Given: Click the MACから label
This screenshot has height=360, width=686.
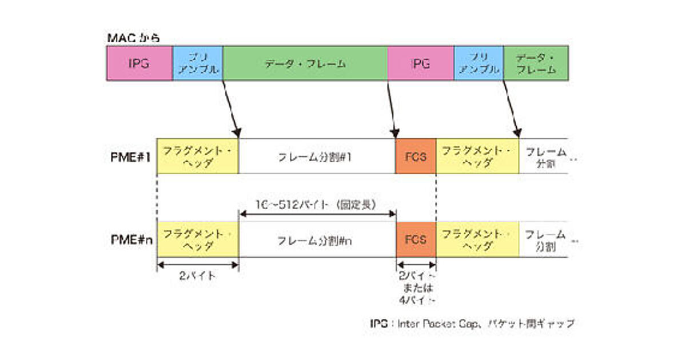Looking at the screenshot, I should coord(133,38).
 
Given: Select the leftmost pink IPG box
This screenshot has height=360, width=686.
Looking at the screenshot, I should coord(139,63).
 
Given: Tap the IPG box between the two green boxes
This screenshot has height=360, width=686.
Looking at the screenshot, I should coord(420,63).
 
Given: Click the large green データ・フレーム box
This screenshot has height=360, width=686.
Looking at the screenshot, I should coord(305,63).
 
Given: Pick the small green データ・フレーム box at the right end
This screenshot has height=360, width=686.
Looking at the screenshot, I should coord(536,63).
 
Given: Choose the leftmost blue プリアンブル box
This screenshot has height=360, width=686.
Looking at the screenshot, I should coord(197,63).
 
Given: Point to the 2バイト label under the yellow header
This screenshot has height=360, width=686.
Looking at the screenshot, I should coord(197,276).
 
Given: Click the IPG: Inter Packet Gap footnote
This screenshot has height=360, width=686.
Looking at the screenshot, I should coord(472,323).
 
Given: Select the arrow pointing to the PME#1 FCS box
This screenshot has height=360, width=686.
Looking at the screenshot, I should coord(392,109).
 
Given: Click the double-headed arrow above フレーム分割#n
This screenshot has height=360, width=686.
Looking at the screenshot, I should coord(317,214).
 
